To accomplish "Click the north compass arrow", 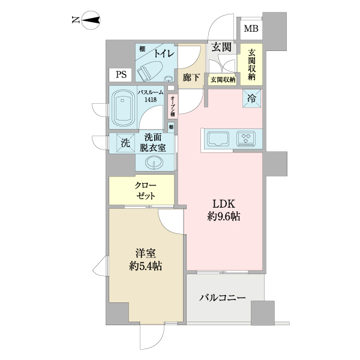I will pos(91,22).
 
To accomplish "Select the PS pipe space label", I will pos(121,75).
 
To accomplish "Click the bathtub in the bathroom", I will pos(124,109).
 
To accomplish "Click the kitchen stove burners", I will pos(247,139).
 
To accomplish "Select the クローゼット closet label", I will pos(145,191).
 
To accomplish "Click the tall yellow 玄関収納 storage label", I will pos(251,64).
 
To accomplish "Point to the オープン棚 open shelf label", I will pos(172,106).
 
